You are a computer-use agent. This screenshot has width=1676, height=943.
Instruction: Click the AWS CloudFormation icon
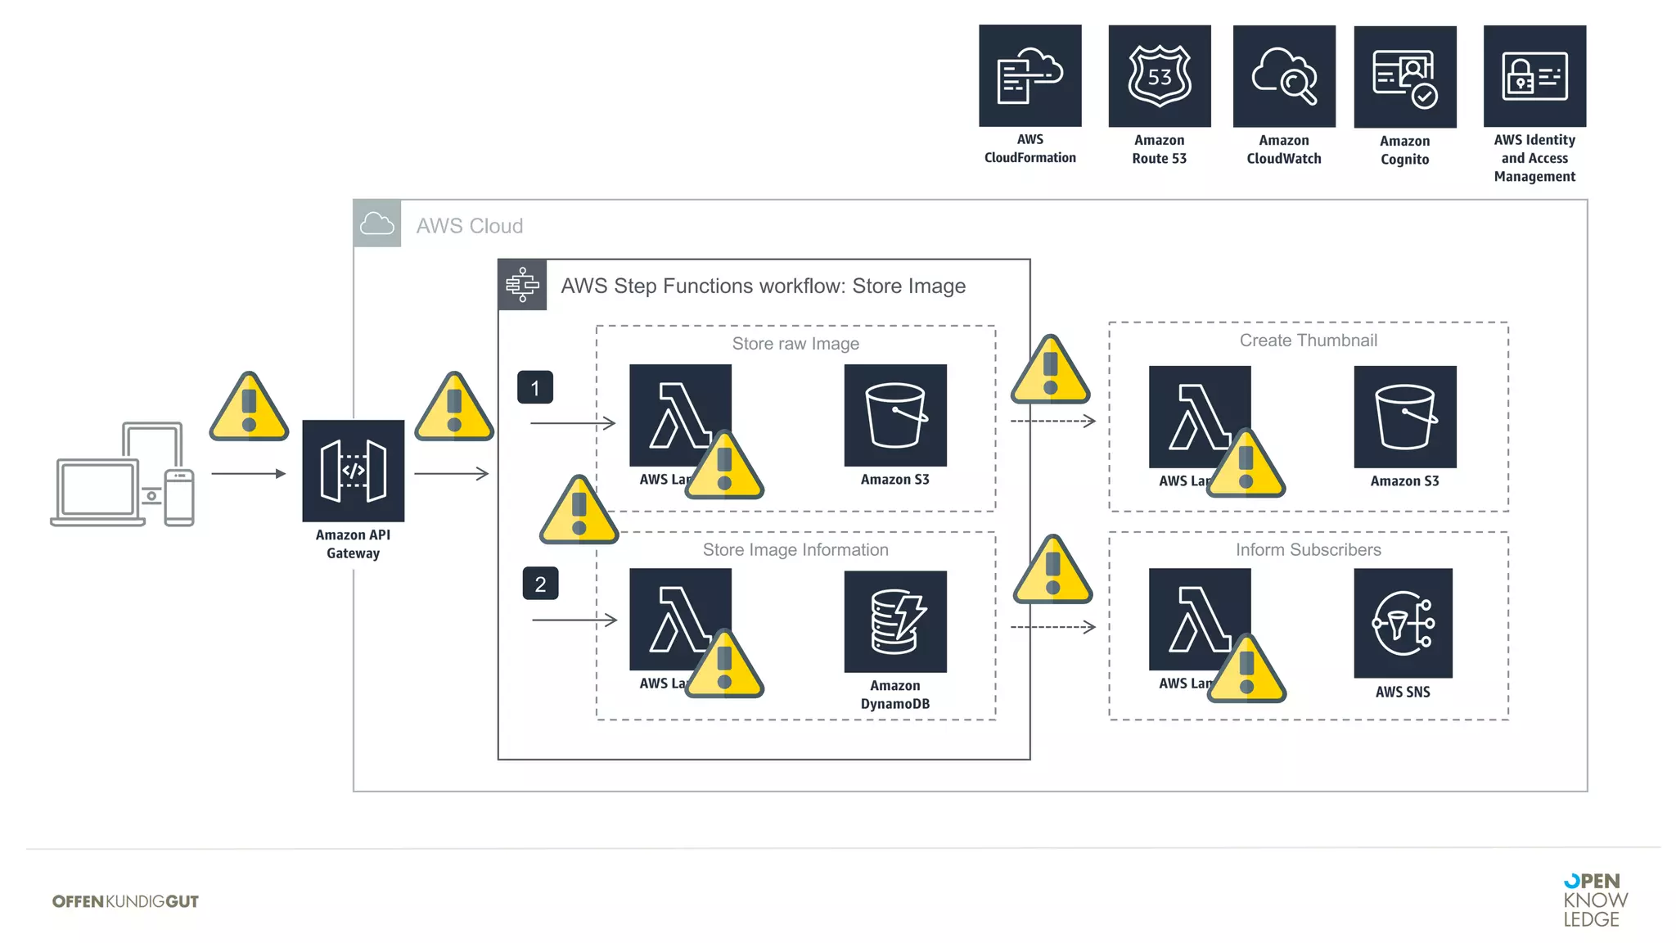click(x=1029, y=75)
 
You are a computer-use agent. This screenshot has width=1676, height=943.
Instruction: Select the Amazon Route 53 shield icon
click(x=1159, y=75)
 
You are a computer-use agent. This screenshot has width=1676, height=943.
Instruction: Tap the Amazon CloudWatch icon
click(x=1284, y=76)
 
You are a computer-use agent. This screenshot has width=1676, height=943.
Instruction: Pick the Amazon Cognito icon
click(x=1404, y=77)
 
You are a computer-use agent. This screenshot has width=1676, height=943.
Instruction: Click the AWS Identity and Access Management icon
click(x=1534, y=76)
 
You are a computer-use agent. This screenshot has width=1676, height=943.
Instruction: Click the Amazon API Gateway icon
click(x=353, y=471)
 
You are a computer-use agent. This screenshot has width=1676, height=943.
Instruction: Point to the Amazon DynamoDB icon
click(x=895, y=621)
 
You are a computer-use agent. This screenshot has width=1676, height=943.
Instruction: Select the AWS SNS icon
click(x=1403, y=623)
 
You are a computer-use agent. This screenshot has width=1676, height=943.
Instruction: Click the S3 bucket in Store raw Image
click(x=895, y=415)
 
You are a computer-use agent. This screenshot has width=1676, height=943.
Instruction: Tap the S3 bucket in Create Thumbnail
click(x=1404, y=417)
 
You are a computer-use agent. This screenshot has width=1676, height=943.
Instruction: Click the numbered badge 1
click(x=535, y=387)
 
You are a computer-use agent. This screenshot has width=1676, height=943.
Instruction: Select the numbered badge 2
click(x=540, y=584)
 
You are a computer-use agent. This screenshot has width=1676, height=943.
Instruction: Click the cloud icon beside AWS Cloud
click(x=377, y=223)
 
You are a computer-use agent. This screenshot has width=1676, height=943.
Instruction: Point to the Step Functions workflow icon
click(x=522, y=285)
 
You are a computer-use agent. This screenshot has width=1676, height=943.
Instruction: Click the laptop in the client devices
click(x=97, y=493)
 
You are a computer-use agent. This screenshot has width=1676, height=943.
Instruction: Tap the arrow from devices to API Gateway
click(x=248, y=473)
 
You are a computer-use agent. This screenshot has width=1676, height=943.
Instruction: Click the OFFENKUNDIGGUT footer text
click(x=125, y=901)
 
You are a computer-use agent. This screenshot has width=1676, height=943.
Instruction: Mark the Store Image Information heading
click(x=795, y=550)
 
